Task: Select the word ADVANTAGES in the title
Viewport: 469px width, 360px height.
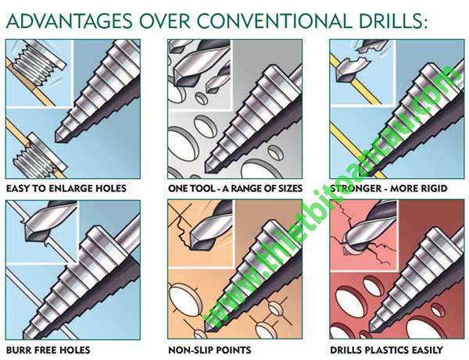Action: (69, 20)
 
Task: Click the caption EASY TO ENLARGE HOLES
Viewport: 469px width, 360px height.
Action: (66, 188)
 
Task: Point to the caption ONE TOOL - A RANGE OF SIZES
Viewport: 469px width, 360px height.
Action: (235, 188)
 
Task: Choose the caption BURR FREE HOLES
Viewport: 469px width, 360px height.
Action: (48, 350)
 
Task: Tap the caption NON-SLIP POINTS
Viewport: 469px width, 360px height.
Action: (209, 350)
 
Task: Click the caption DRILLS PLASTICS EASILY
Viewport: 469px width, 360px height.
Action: (386, 350)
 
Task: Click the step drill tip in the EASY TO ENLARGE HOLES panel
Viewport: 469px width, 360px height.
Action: (59, 139)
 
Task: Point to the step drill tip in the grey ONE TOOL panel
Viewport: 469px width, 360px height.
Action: (208, 169)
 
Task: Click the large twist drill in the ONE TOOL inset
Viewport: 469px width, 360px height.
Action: (198, 64)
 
